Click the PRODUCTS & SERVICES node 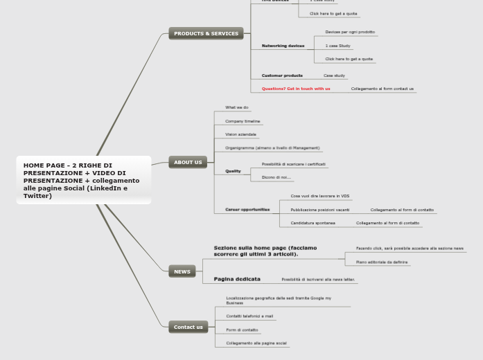(x=206, y=33)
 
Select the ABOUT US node (x=188, y=163)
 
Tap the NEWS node (x=182, y=271)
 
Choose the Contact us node (x=188, y=327)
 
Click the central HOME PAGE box (x=83, y=180)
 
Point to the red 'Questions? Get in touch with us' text (x=296, y=89)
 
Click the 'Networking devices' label (x=283, y=46)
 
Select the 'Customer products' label (x=282, y=75)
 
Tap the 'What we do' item (x=236, y=107)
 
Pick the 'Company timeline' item (x=243, y=121)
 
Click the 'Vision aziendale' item (x=240, y=134)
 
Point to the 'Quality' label (x=233, y=171)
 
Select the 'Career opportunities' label (x=247, y=209)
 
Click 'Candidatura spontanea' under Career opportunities (x=313, y=223)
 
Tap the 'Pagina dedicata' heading (x=237, y=279)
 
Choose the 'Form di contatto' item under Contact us (x=242, y=330)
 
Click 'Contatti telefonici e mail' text (x=249, y=316)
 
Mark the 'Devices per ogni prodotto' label (x=350, y=32)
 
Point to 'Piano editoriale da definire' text (x=382, y=262)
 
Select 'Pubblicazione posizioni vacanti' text (x=320, y=210)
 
